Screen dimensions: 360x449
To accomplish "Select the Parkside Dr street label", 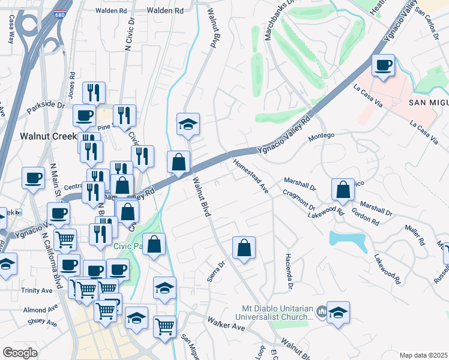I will [46, 108].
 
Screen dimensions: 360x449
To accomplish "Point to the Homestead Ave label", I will [250, 175].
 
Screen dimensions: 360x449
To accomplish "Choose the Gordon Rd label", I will [365, 218].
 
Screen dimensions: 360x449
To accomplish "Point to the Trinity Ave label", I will [37, 290].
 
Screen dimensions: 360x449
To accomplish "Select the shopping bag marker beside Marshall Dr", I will [342, 190].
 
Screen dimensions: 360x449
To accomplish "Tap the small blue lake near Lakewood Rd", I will [348, 241].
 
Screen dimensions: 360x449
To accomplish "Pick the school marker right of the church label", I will [339, 313].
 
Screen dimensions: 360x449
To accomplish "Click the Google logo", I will [20, 353].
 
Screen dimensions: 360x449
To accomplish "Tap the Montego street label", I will [321, 136].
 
